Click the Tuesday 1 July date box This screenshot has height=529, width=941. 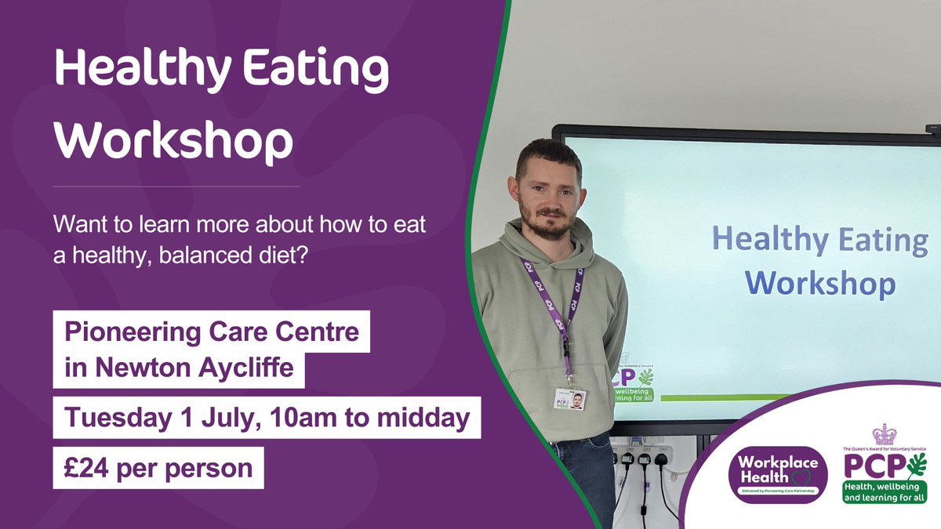click(x=267, y=418)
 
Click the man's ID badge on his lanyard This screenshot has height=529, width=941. click(x=569, y=398)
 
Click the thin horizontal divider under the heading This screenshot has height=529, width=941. click(x=176, y=187)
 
